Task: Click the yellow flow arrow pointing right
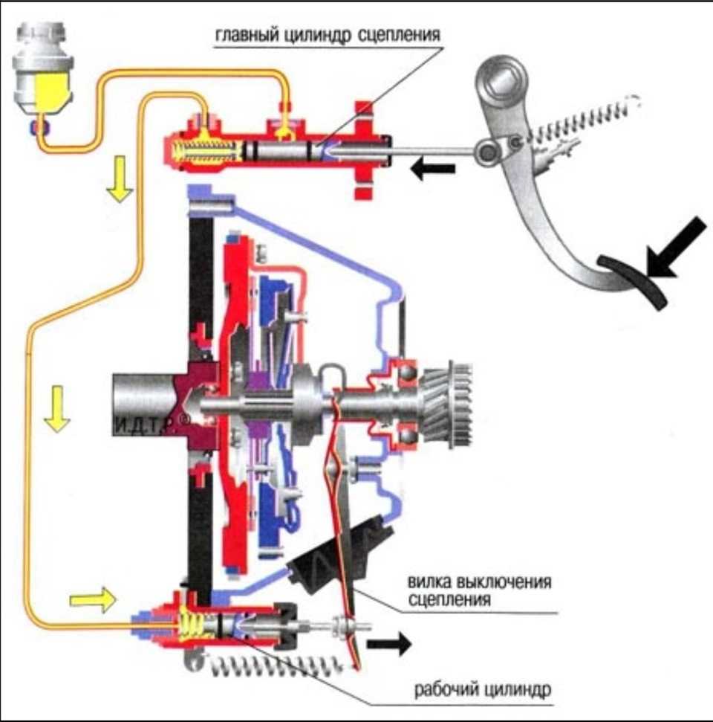click(x=94, y=599)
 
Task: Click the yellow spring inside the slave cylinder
click(x=191, y=622)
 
